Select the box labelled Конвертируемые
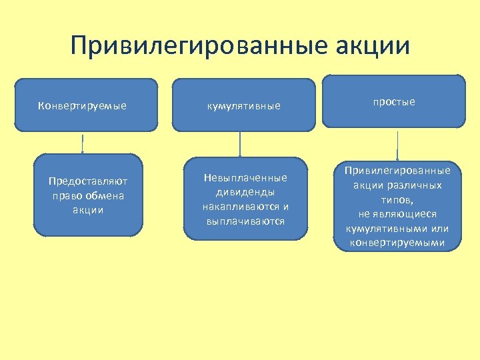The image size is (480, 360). click(86, 104)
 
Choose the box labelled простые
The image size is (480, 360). click(393, 101)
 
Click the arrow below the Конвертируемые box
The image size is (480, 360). click(82, 143)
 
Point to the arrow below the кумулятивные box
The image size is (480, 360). click(240, 143)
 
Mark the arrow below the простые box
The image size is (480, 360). click(397, 145)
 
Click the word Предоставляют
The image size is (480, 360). click(88, 181)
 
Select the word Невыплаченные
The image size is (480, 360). click(245, 177)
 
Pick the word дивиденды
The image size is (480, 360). click(245, 192)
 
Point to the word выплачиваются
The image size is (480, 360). click(245, 221)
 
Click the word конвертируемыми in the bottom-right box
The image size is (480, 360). click(397, 243)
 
